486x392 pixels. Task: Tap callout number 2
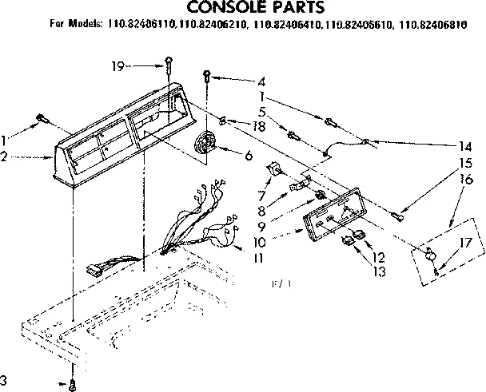coord(6,158)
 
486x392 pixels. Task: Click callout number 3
coord(4,378)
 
